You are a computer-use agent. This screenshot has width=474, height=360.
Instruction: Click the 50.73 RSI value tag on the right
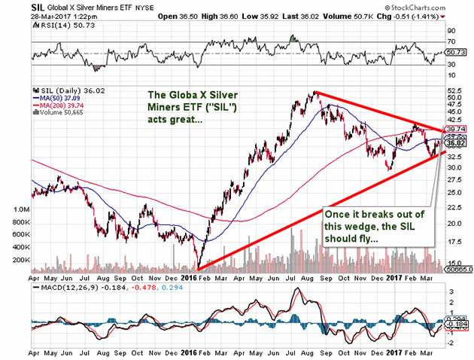point(454,53)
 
